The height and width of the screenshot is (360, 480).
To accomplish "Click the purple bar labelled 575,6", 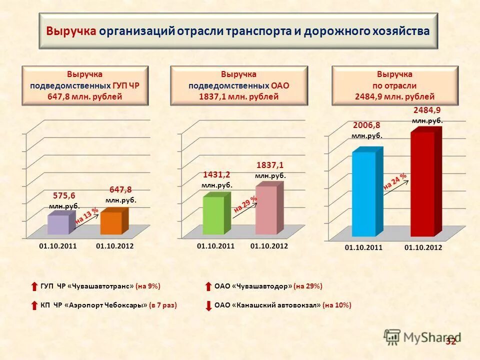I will (58, 224).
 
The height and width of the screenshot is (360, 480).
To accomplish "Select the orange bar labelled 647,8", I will (111, 223).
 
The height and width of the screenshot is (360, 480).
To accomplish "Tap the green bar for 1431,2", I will (213, 215).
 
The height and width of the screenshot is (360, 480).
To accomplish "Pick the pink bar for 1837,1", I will (266, 210).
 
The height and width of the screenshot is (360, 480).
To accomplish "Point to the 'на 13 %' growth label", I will (86, 216).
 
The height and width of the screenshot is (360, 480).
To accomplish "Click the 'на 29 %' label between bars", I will (245, 204).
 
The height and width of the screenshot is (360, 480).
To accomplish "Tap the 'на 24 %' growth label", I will (395, 182).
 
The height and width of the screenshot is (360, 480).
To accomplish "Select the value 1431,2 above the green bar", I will (216, 174).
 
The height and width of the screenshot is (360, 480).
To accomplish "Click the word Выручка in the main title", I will (71, 31).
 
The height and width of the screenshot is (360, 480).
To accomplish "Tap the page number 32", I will (451, 341).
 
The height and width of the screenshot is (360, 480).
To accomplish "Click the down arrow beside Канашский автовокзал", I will (208, 305).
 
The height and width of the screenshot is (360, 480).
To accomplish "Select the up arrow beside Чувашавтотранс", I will (34, 286).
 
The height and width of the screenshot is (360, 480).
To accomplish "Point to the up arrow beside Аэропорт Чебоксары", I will (34, 305).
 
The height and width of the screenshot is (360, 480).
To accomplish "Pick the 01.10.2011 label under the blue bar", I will (364, 247).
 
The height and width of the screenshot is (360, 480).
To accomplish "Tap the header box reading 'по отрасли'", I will (394, 85).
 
